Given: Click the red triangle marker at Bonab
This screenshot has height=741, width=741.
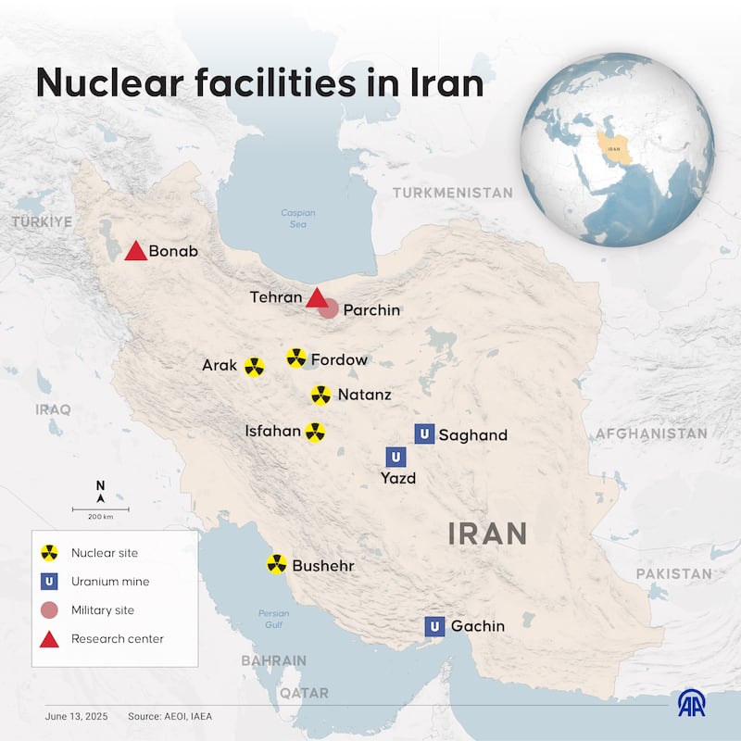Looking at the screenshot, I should [135, 251].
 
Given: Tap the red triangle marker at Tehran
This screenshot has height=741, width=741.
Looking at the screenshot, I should [317, 298].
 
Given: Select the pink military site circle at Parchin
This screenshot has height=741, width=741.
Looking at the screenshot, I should [329, 308].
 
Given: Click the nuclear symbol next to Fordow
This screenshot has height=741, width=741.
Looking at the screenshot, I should [296, 358].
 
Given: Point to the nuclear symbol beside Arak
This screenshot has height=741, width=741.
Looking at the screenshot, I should [254, 367].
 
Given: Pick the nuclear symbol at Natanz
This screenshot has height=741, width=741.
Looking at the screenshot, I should [320, 396].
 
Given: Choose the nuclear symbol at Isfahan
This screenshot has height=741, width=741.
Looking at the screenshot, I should [315, 433].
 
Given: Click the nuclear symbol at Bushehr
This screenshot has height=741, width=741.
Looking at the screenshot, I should [276, 564].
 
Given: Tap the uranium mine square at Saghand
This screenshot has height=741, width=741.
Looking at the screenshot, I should [424, 433].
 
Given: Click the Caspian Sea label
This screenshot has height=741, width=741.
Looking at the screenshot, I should [298, 219].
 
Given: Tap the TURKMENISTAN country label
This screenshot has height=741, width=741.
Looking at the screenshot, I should [452, 193].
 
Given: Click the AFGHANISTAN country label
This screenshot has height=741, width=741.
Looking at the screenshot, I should [651, 433].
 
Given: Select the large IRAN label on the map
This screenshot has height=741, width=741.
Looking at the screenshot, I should [487, 533].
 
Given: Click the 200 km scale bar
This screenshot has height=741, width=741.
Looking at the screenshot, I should [101, 509].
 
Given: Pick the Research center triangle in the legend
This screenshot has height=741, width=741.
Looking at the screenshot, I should [50, 638].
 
